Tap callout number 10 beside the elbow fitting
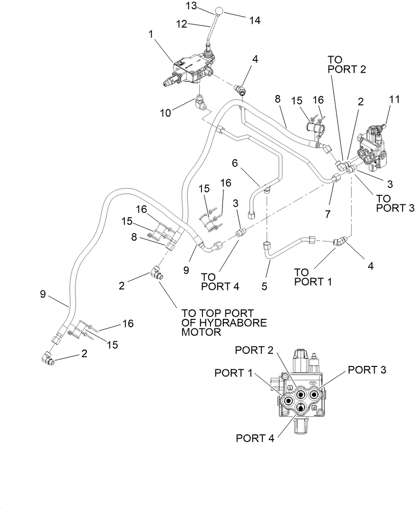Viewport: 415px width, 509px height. pos(165,114)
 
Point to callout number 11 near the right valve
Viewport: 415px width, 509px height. pos(395,99)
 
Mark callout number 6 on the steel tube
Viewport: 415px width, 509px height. pos(234,163)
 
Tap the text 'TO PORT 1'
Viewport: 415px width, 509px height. pos(312,277)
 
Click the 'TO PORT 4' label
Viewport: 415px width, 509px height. pos(219,281)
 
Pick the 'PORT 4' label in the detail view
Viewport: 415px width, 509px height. pos(255,438)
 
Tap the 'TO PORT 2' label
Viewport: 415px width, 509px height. pos(347,64)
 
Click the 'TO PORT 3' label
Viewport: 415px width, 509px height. pos(395,202)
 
